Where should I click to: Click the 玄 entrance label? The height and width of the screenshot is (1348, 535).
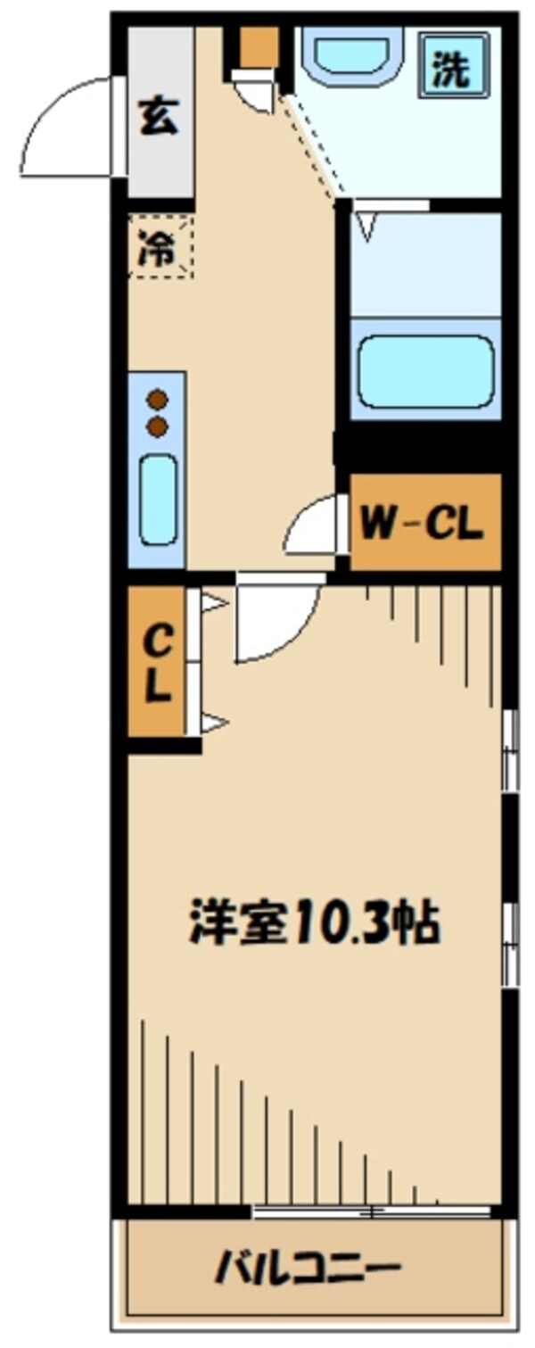[159, 118]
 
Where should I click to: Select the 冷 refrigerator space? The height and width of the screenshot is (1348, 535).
[160, 247]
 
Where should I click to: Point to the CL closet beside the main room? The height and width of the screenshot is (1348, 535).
[156, 661]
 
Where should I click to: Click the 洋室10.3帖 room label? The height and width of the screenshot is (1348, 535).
[316, 923]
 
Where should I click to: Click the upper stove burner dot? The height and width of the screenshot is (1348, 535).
[159, 400]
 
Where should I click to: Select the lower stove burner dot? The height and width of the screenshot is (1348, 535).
[159, 426]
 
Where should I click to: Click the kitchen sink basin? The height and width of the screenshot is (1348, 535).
[159, 500]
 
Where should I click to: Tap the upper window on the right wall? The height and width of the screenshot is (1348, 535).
[510, 749]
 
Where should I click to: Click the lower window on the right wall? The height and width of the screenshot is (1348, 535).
[510, 944]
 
